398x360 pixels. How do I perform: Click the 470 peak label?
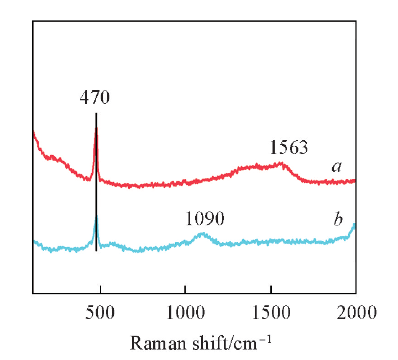pos(95,98)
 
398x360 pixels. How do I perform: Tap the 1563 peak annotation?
pos(289,147)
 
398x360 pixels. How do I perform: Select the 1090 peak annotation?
pos(205,219)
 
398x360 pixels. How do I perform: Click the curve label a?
pos(336,166)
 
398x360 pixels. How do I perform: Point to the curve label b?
pos(338,220)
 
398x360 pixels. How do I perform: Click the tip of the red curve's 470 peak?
pos(96,128)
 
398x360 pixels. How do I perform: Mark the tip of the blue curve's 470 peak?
pos(96,216)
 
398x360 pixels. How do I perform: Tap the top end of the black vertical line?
pos(96,114)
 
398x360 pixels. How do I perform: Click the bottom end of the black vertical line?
pos(96,251)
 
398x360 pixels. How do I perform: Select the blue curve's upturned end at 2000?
pos(354,225)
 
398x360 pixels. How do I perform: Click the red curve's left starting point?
pos(34,131)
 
